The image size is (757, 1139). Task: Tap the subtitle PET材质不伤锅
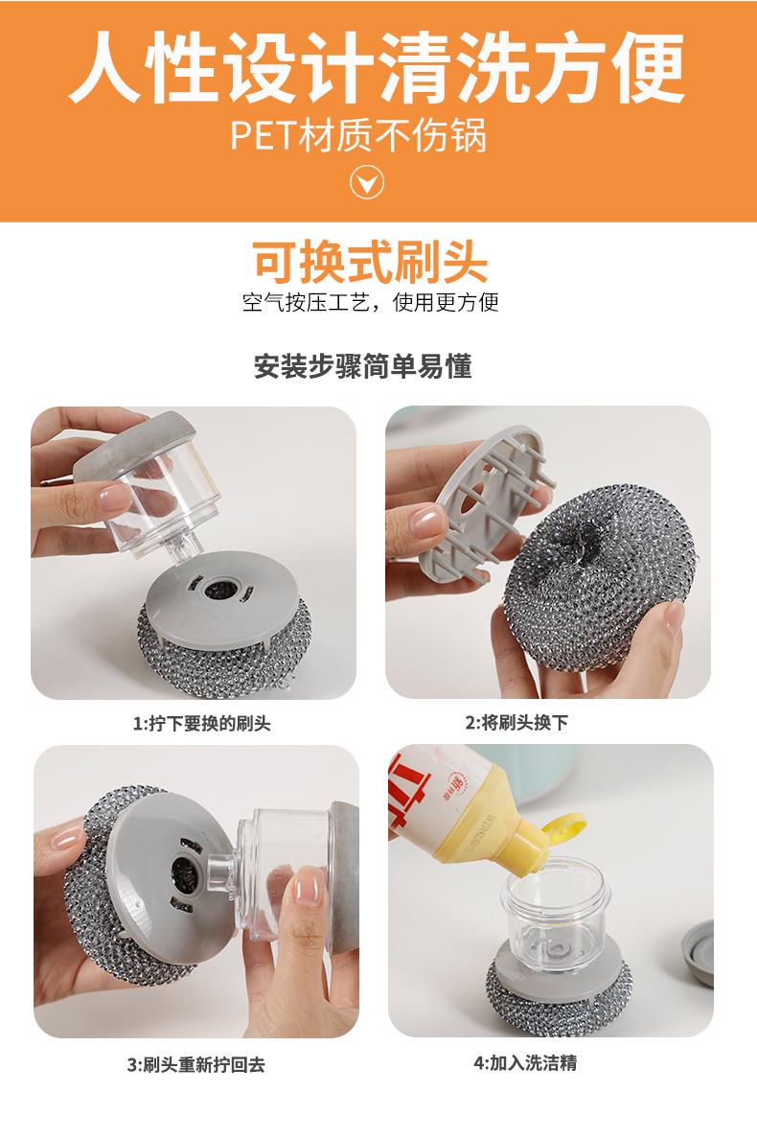(358, 136)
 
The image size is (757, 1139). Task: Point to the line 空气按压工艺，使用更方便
(370, 304)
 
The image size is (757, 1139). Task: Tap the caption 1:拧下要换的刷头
(201, 724)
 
